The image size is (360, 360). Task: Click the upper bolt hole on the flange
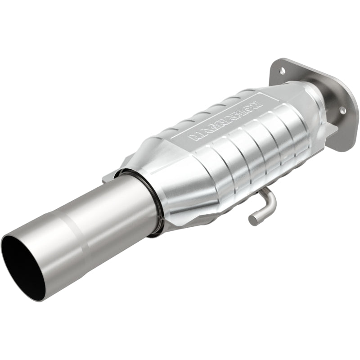[282, 71]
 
